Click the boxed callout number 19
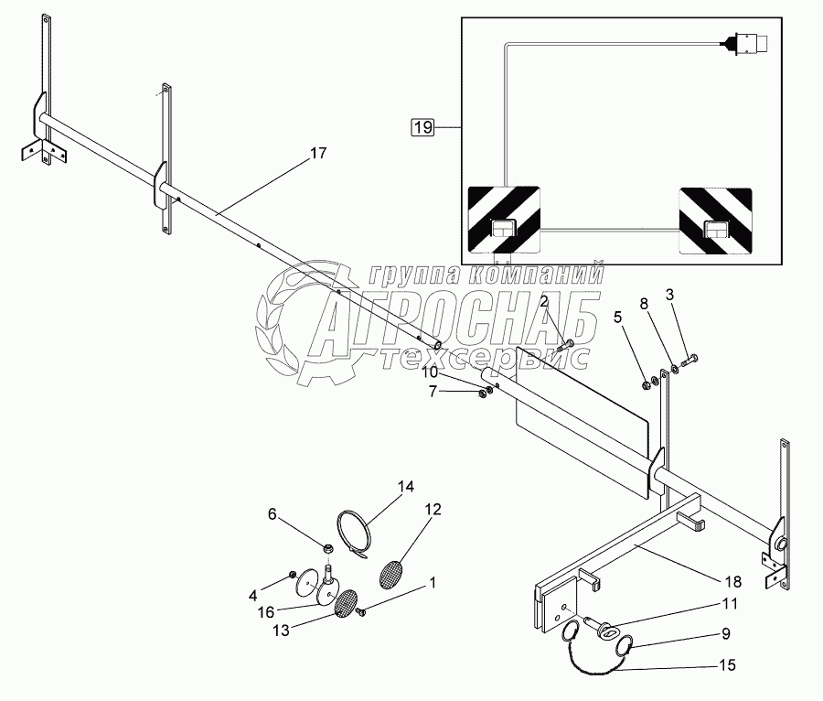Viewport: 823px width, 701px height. click(x=422, y=128)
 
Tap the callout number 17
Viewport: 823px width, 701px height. click(x=317, y=154)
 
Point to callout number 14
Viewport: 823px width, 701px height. click(x=405, y=487)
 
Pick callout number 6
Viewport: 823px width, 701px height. click(x=272, y=514)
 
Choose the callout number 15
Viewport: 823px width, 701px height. click(x=728, y=665)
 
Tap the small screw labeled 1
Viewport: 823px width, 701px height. click(x=362, y=610)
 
